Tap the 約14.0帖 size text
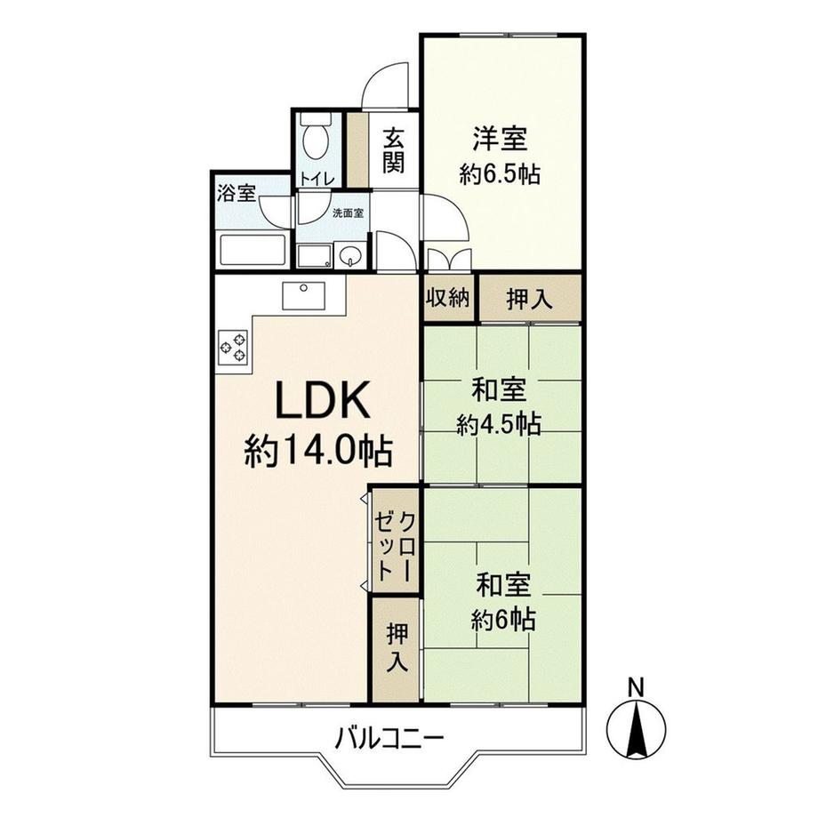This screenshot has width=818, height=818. coord(319,453)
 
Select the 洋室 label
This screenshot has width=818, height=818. coord(500,139)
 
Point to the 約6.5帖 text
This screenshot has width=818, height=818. coord(500,173)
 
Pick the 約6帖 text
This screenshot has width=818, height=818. coord(503,620)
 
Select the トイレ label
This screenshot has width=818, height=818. coord(317,179)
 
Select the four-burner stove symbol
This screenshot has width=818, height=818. coord(233,346)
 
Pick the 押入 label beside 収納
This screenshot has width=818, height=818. coord(530,299)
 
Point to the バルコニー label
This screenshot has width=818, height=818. coord(389,737)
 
